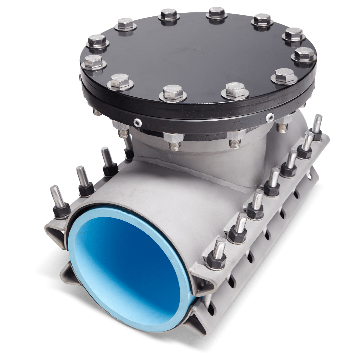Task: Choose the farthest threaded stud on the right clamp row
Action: coord(317,122)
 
